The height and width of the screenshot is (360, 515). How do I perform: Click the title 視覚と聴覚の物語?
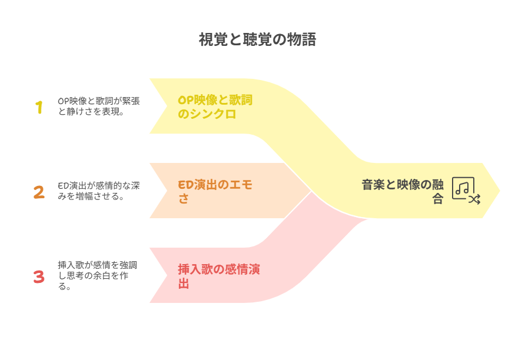[x=257, y=40]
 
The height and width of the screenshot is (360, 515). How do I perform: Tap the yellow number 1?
[x=39, y=107]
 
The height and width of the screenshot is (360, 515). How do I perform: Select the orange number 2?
[x=39, y=192]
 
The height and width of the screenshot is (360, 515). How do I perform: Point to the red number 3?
[x=39, y=276]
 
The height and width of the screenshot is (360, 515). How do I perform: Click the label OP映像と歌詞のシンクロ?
[x=215, y=107]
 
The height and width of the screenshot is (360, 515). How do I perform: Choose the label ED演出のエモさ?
[x=215, y=192]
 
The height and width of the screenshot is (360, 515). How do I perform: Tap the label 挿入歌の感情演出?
[x=219, y=276]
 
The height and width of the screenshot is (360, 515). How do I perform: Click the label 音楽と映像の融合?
[x=403, y=192]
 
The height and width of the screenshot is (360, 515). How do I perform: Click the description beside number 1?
[x=99, y=106]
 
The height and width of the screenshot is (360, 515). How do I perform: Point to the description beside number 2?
[x=99, y=191]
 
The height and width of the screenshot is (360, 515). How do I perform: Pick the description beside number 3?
[x=98, y=276]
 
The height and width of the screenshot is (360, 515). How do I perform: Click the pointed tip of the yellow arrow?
[x=500, y=191]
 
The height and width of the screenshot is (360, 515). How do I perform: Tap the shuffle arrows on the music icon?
[x=474, y=199]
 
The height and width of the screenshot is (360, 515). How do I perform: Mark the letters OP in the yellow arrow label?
[x=185, y=100]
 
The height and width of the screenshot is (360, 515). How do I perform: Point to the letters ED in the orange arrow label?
[x=185, y=185]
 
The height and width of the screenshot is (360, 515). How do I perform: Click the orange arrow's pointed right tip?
[x=310, y=191]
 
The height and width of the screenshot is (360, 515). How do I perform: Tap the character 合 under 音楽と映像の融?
[x=438, y=199]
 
